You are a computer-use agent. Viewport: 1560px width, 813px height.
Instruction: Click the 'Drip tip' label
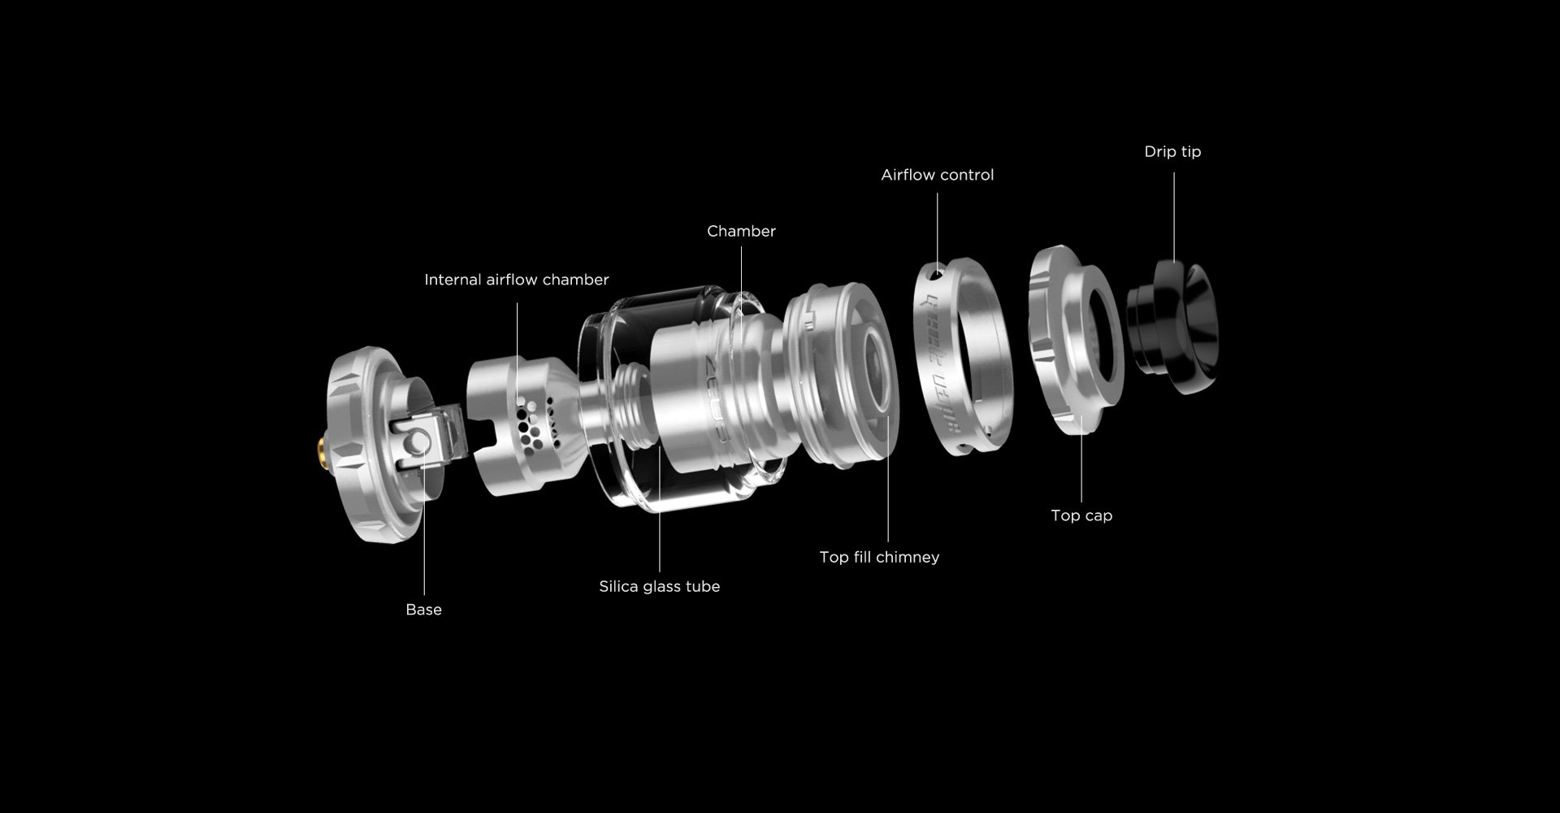pos(1172,152)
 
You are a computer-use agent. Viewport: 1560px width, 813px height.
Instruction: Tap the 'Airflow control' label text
pos(938,175)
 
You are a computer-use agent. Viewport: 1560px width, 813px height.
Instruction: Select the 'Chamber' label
pos(741,231)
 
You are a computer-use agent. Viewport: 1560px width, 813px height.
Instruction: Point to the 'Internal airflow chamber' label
pos(517,280)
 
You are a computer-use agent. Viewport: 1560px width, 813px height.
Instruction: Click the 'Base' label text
pos(423,610)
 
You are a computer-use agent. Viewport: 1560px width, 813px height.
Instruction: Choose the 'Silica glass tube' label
pos(659,587)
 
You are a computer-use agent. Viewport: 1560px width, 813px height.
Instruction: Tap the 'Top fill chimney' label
pos(879,557)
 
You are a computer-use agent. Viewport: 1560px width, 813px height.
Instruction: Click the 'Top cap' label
pos(1081,515)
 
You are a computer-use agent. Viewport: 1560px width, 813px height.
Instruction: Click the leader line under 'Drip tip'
pos(1173,216)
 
